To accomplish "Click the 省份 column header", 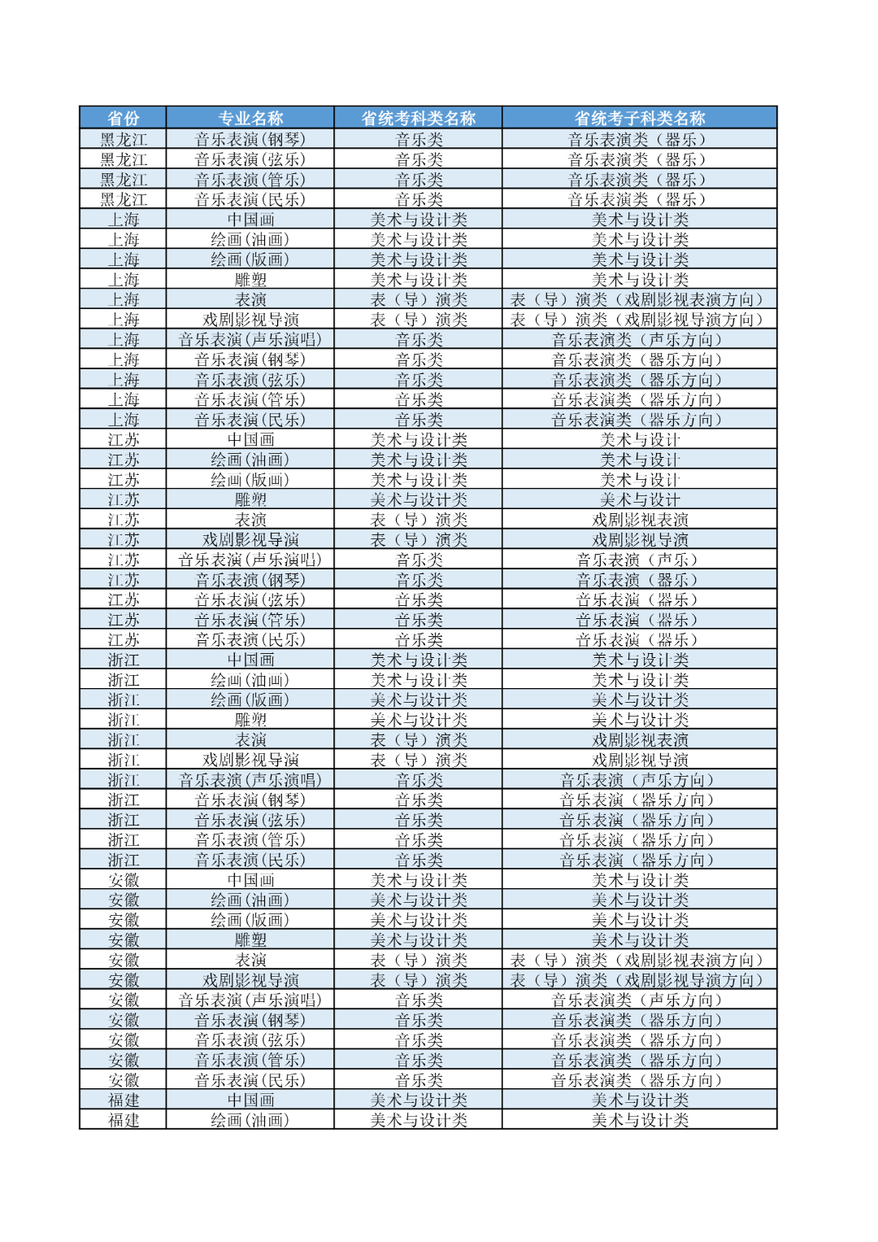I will pyautogui.click(x=123, y=118).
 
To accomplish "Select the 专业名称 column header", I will pyautogui.click(x=250, y=118).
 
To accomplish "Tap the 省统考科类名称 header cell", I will pyautogui.click(x=419, y=118).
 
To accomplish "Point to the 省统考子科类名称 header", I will pyautogui.click(x=640, y=118).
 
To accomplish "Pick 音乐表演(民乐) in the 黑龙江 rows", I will pyautogui.click(x=250, y=199).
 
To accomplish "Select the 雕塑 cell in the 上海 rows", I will pyautogui.click(x=250, y=280).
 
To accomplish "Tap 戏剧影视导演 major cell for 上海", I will pyautogui.click(x=250, y=320).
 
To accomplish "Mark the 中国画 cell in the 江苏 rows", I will pyautogui.click(x=250, y=439).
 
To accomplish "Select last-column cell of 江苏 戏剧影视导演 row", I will pyautogui.click(x=640, y=539).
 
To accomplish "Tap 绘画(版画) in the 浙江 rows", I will pyautogui.click(x=250, y=699).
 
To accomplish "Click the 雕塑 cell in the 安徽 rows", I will pyautogui.click(x=250, y=939).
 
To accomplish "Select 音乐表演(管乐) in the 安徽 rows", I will pyautogui.click(x=250, y=1060).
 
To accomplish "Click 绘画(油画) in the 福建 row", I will pyautogui.click(x=250, y=1120).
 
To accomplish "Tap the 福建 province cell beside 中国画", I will pyautogui.click(x=123, y=1100).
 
